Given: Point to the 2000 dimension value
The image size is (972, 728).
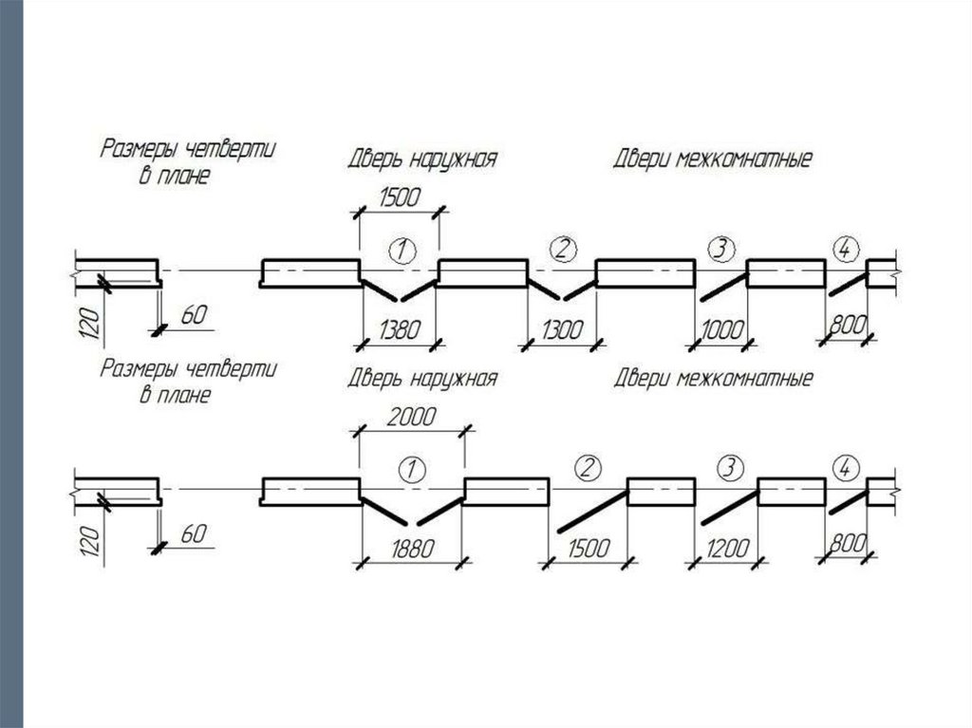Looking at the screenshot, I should tap(410, 418).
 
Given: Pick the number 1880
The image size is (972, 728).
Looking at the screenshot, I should tap(410, 549).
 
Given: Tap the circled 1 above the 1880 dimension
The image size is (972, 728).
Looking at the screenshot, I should tap(411, 469).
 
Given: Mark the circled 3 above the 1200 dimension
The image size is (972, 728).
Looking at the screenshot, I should tap(729, 468).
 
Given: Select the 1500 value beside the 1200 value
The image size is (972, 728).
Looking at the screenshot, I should tap(587, 549).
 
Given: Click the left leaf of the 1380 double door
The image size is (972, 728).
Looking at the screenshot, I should tap(381, 288).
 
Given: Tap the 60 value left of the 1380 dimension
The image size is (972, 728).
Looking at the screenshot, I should tap(193, 314).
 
